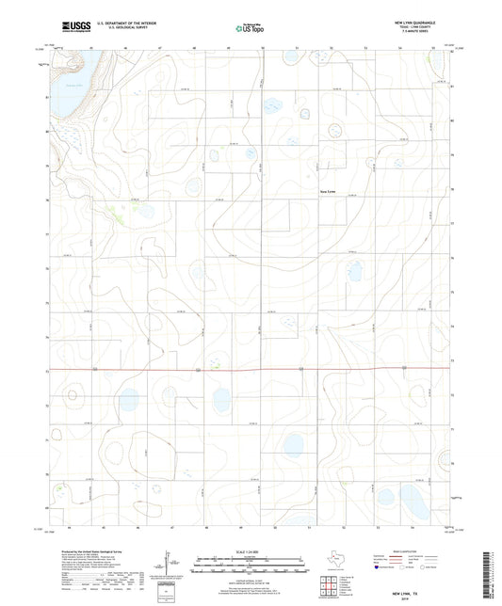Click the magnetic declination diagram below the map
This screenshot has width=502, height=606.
click(x=170, y=569)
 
